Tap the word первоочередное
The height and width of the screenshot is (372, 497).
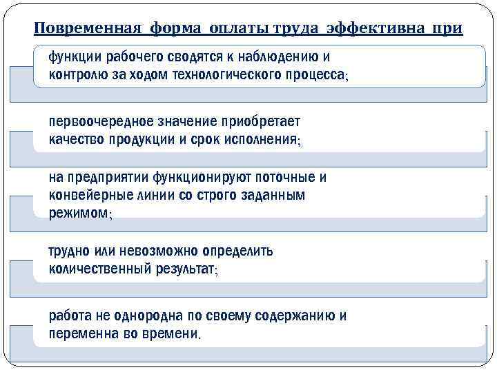click(x=98, y=121)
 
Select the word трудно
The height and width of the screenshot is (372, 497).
click(x=69, y=251)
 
